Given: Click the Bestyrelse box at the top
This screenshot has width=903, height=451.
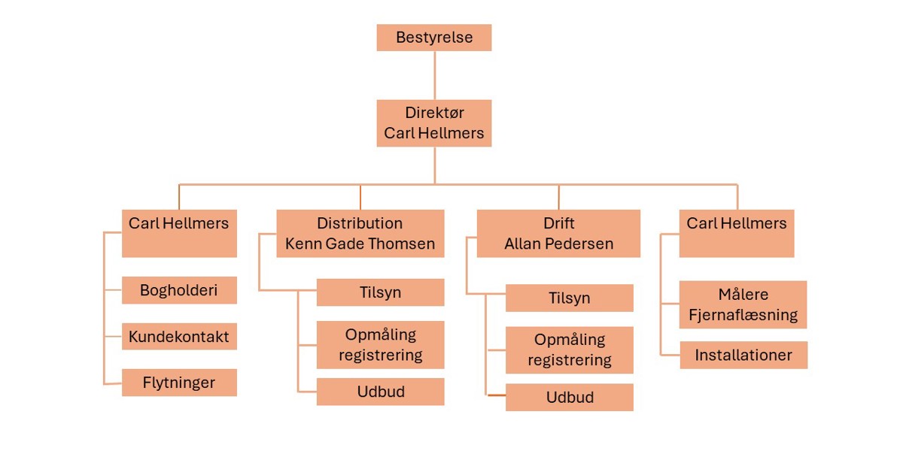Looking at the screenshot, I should pos(434,38).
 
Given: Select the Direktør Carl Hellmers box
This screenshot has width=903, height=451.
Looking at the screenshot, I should pos(434,123).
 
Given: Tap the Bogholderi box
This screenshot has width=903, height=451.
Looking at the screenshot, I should pos(179,290).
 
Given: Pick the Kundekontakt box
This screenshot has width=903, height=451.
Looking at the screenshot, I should pos(179,336).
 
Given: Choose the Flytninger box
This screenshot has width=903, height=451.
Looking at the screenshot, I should pos(179,383).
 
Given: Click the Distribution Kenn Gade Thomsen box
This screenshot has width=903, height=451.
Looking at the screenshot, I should pos(360,233).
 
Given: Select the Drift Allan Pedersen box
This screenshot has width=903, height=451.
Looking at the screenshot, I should pos(558,233).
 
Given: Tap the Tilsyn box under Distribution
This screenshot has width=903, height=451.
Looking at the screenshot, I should pos(380,292).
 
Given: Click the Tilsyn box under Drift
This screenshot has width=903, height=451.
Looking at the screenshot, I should pos(569,298).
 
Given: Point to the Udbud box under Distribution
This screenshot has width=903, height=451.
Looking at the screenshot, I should pos(380,392).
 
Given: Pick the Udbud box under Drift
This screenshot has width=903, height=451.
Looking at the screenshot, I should pos(569,398).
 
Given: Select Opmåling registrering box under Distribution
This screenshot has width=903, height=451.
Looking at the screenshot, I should pos(380,344).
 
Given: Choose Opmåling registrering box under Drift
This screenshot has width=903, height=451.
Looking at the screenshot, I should pos(569,350).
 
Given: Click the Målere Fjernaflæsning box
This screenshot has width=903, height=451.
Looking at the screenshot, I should pos(743,304).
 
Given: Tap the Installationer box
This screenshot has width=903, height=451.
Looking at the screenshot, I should pos(743,355).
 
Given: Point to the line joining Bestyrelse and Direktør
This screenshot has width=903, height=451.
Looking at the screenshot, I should pos(435,75).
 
